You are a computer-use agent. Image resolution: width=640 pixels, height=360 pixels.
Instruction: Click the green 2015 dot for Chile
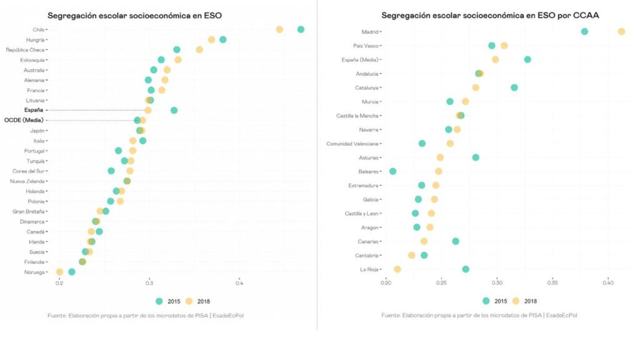(x=301, y=29)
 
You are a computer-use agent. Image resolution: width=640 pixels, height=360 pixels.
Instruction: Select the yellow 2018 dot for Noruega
(x=59, y=272)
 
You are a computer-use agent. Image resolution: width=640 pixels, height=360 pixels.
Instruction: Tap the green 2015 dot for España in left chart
(x=174, y=110)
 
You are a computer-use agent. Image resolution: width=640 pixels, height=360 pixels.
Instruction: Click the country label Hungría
(x=35, y=40)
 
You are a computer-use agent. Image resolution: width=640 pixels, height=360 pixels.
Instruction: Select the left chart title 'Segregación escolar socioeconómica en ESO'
(x=134, y=14)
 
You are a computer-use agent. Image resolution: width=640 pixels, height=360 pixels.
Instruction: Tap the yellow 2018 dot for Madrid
(x=621, y=31)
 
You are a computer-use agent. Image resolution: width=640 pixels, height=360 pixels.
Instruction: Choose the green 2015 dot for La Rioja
(x=466, y=269)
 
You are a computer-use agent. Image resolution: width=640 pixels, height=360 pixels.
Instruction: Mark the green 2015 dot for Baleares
(x=392, y=171)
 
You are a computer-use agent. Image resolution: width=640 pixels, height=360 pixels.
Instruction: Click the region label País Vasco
(x=366, y=46)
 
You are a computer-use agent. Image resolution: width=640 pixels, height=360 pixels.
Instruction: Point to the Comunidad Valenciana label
(x=352, y=144)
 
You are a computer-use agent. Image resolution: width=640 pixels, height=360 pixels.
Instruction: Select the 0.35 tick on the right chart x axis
(x=552, y=283)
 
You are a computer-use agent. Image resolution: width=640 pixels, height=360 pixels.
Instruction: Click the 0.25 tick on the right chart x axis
(x=441, y=283)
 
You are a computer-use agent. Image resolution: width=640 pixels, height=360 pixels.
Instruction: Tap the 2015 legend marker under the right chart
(x=486, y=301)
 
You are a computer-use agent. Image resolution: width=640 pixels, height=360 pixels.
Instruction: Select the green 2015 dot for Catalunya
(x=514, y=87)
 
